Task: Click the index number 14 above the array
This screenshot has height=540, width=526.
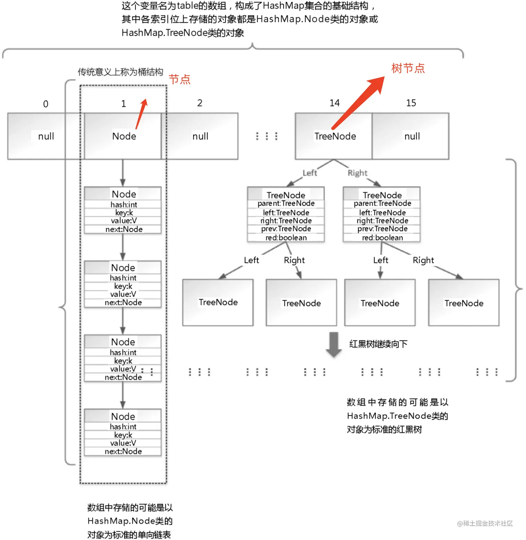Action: (x=334, y=103)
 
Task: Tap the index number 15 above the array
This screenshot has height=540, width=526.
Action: (x=411, y=103)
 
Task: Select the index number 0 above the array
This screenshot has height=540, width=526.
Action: (x=46, y=104)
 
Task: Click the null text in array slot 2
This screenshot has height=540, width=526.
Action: (x=200, y=136)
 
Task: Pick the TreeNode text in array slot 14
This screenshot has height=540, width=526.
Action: (x=335, y=136)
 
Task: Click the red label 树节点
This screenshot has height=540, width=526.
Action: (x=408, y=68)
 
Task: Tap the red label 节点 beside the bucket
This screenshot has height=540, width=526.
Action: (x=180, y=79)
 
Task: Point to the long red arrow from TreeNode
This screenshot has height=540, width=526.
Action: (x=358, y=103)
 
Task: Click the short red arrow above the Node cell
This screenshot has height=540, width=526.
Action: (x=142, y=114)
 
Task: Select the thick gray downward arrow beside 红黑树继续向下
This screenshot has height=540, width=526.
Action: (x=334, y=344)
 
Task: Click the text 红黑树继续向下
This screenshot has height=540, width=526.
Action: (x=378, y=344)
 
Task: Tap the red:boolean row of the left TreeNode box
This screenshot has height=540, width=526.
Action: (x=286, y=238)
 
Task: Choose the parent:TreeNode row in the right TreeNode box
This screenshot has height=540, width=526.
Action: (x=382, y=203)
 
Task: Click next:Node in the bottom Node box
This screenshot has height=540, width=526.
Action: (x=123, y=452)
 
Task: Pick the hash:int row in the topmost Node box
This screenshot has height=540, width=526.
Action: (x=124, y=204)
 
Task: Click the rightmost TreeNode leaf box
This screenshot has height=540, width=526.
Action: (x=464, y=303)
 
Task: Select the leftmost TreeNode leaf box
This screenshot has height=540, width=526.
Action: (x=218, y=302)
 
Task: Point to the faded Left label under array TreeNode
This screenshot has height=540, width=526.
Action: (x=310, y=173)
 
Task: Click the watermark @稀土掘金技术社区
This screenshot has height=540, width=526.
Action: (x=485, y=523)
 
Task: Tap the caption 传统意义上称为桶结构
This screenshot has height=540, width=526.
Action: (x=120, y=72)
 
